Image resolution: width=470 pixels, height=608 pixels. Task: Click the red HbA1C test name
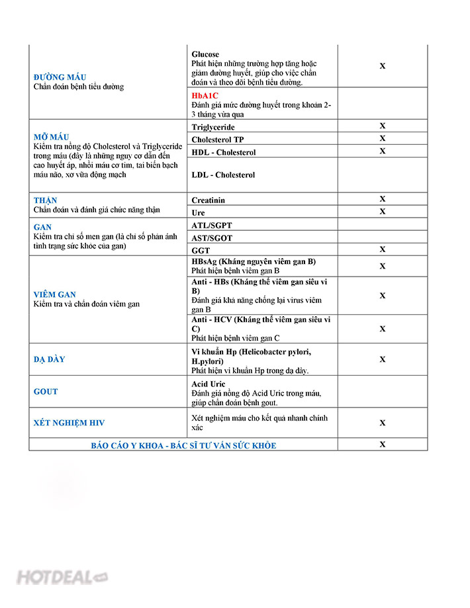[205, 95]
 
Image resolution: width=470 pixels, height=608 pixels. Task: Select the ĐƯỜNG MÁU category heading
[60, 77]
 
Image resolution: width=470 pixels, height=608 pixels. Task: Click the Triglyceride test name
[213, 127]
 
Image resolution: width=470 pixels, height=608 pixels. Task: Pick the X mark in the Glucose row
[382, 66]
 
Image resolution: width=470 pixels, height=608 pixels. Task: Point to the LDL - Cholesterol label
[223, 175]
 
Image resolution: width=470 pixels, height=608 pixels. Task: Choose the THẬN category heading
[46, 200]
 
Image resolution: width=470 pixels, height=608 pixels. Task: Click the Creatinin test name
[209, 200]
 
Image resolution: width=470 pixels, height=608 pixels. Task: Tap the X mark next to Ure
[382, 212]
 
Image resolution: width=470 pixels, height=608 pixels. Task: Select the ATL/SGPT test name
[212, 226]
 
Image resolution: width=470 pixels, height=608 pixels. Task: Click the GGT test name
[201, 251]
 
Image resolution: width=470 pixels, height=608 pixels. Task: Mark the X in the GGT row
[382, 249]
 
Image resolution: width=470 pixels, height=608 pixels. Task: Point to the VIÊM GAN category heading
[55, 294]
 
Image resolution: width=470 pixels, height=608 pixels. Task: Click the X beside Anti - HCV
[382, 329]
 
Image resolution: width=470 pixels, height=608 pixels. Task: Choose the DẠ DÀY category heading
[50, 359]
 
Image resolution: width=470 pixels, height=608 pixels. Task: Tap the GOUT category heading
[46, 391]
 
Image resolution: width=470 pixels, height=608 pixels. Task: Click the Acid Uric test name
[209, 384]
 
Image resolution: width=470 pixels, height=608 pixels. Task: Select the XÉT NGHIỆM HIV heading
[69, 422]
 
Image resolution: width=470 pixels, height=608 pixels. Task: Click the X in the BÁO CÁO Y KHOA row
[382, 445]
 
